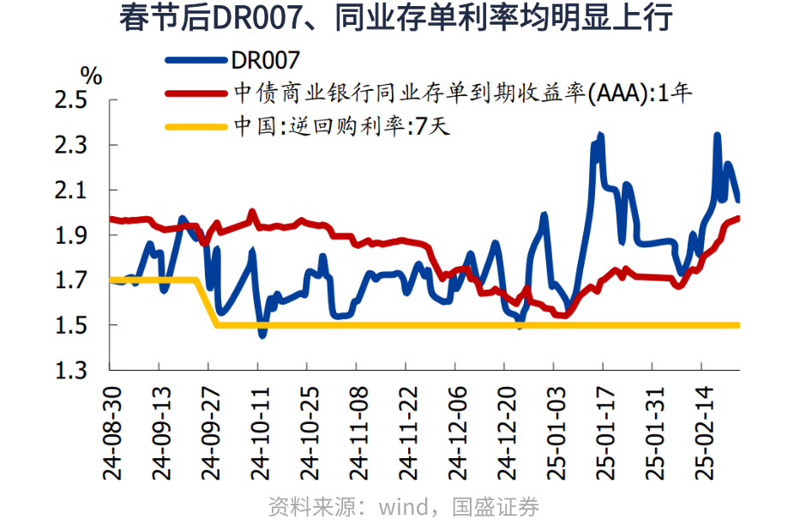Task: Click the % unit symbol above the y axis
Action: pos(91,76)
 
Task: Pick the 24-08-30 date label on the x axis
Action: pos(110,432)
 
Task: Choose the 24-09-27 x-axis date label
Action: pos(208,432)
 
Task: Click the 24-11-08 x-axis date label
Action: pos(356,432)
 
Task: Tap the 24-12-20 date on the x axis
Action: pos(504,432)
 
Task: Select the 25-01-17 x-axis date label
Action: pos(603,432)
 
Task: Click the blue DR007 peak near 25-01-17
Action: pos(600,136)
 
